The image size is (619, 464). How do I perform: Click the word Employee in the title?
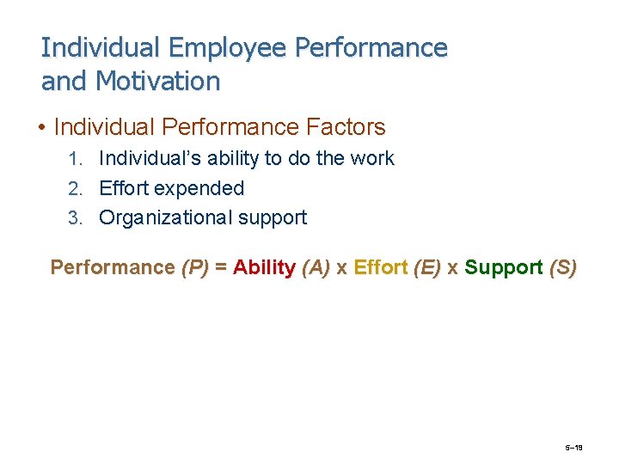(x=228, y=48)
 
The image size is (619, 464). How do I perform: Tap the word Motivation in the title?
(x=158, y=82)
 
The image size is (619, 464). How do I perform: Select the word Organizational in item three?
(x=166, y=218)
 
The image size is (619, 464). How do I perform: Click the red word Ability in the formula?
(x=265, y=267)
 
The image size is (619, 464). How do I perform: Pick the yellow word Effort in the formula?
(x=381, y=267)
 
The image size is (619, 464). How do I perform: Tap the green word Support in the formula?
(x=503, y=267)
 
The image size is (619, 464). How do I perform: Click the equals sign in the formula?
(x=221, y=267)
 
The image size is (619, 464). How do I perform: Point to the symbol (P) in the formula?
(x=195, y=267)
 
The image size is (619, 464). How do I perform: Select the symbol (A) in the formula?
(x=316, y=267)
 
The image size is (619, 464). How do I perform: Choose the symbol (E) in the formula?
(x=427, y=267)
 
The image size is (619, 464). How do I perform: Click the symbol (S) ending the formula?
(x=562, y=267)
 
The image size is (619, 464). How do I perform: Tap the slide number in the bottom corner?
(x=574, y=449)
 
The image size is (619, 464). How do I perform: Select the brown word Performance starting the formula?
(x=113, y=267)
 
